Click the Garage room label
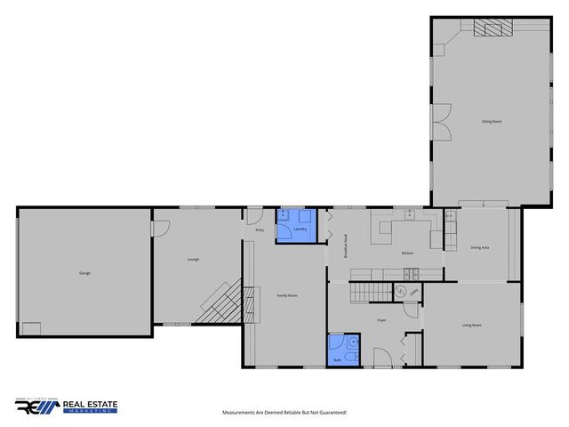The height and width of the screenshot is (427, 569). [84, 273]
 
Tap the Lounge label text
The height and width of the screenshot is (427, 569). [193, 259]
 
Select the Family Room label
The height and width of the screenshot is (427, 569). [286, 295]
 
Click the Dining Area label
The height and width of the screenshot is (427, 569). [480, 246]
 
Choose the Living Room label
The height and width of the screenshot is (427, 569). [471, 326]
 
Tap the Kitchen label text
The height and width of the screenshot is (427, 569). [407, 254]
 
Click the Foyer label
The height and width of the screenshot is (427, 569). [381, 319]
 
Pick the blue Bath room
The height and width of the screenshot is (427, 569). [343, 349]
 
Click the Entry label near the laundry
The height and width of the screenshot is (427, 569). [260, 230]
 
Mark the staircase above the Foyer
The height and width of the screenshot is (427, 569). [368, 291]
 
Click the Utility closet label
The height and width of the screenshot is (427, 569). [414, 293]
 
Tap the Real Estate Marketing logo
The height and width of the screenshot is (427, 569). [67, 407]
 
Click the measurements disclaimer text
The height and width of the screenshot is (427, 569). [284, 413]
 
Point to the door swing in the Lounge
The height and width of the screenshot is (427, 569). [162, 228]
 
